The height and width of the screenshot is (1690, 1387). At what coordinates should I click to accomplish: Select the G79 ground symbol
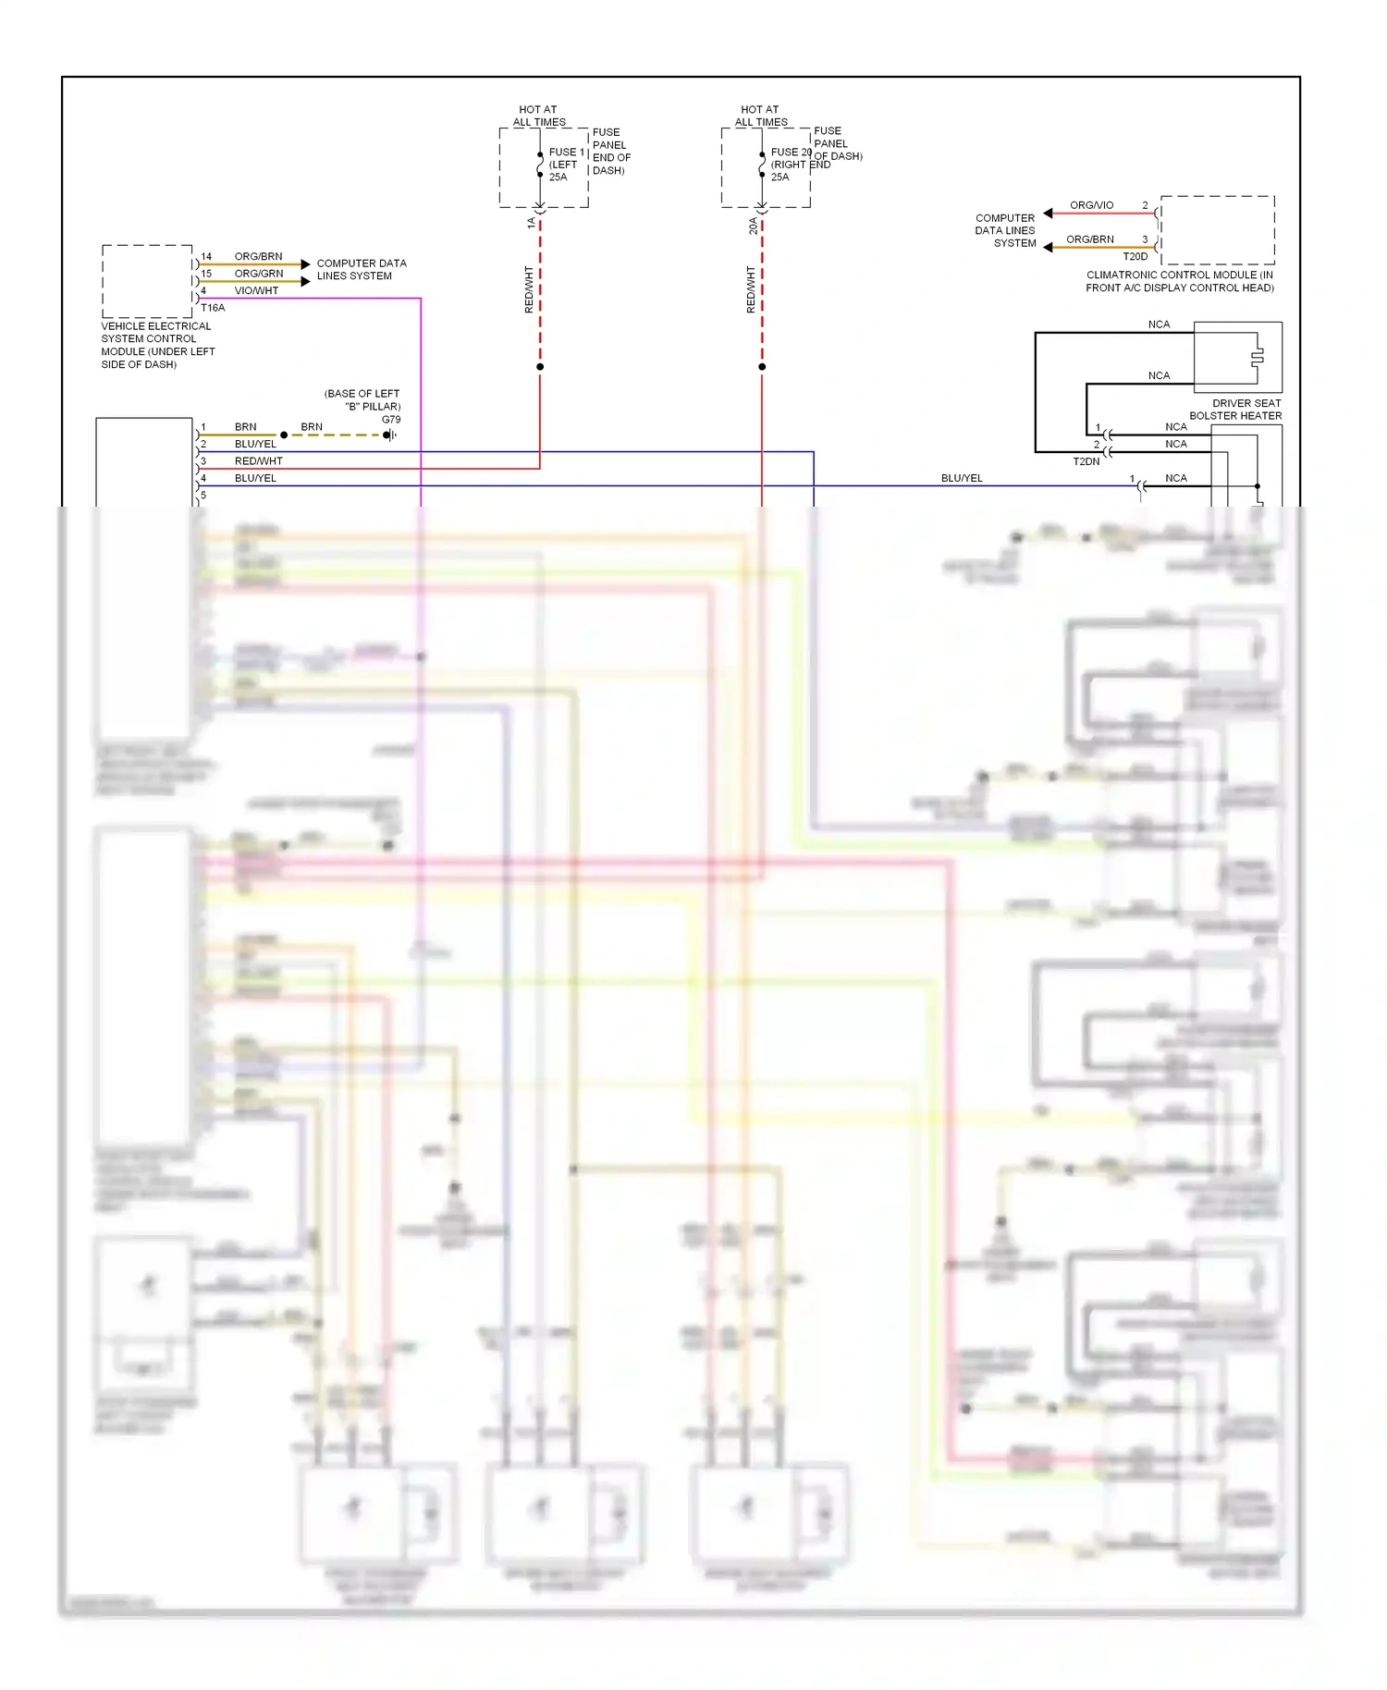pos(390,435)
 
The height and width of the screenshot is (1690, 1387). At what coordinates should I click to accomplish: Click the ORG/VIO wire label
pos(1091,205)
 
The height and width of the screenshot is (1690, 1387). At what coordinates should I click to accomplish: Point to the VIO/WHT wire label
pos(256,291)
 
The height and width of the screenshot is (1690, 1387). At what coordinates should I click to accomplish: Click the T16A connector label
pos(213,308)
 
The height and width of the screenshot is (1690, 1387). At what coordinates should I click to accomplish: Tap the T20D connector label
pos(1135,257)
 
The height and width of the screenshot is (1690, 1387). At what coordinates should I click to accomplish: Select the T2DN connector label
pos(1086,461)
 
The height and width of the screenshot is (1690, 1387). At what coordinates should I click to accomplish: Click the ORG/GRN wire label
pos(259,274)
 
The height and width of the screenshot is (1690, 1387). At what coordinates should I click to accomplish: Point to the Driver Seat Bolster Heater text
pos(1236,410)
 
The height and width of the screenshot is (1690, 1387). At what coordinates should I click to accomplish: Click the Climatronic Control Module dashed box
pos(1217,230)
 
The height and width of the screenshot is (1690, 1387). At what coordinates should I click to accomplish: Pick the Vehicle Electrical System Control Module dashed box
pos(147,281)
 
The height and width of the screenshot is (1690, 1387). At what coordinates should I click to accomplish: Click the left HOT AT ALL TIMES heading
pos(539,116)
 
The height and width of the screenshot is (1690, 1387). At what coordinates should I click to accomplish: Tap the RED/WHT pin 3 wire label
pos(258,461)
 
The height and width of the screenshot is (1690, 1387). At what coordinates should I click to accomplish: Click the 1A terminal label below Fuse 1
pos(531,224)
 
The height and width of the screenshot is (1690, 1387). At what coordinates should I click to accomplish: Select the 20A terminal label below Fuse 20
pos(753,226)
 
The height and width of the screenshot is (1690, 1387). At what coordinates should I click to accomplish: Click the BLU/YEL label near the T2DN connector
pos(962,479)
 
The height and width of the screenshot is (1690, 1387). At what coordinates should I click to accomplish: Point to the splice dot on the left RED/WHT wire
pos(540,367)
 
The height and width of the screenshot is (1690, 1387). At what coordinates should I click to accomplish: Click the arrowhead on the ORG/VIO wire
pos(1048,214)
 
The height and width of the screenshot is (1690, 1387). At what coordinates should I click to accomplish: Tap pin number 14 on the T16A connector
pos(206,257)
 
